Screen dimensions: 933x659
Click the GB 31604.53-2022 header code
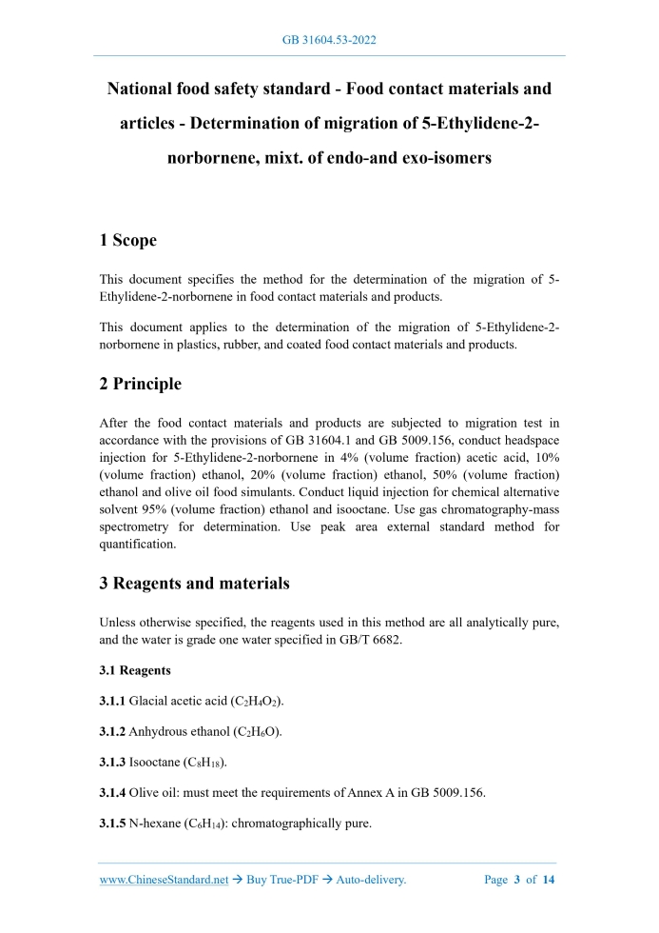pos(329,40)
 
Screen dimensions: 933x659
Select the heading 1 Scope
pos(128,241)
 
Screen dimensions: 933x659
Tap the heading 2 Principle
pos(140,385)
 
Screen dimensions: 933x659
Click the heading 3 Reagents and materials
pos(194,583)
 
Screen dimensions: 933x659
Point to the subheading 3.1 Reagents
pos(136,670)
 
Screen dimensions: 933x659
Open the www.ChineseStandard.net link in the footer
pos(164,880)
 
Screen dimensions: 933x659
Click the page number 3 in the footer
pos(517,880)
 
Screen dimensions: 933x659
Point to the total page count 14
pos(548,880)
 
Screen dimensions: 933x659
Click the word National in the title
pos(145,89)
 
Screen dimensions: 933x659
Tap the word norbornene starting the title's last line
pos(215,159)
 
